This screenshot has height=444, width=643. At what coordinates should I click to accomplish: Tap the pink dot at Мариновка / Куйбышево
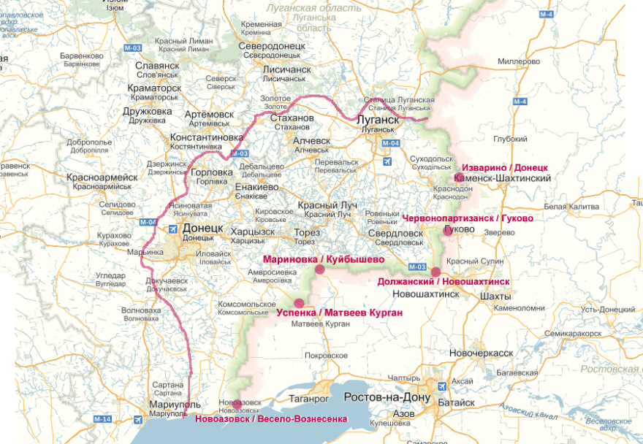tap(319, 270)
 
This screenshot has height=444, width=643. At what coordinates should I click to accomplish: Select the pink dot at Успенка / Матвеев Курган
tap(298, 303)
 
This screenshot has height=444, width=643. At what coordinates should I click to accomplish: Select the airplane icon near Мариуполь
tap(139, 419)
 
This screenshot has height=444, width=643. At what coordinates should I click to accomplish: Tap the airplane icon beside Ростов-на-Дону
tap(441, 386)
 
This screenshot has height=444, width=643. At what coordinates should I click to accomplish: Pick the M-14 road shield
tap(102, 418)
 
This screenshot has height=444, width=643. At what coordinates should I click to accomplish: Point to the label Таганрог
tap(325, 399)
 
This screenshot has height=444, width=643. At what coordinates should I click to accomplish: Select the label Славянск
tap(157, 65)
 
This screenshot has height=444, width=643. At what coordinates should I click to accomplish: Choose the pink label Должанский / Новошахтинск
tap(444, 281)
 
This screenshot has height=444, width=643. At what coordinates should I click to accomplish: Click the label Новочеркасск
tap(481, 353)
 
